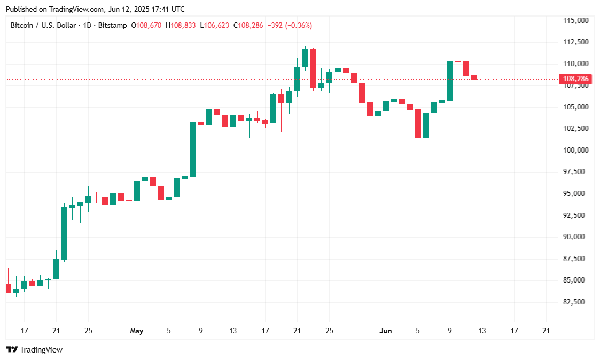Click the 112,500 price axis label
(576, 42)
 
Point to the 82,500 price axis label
(576, 302)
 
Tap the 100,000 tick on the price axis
(576, 151)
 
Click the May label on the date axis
(137, 331)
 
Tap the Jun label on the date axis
(385, 331)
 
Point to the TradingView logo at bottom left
(34, 350)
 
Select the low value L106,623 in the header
(216, 25)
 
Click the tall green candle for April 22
(64, 233)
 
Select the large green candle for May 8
(193, 150)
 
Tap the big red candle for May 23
(313, 68)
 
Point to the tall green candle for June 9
(450, 81)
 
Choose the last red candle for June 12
(474, 77)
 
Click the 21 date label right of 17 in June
(546, 331)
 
